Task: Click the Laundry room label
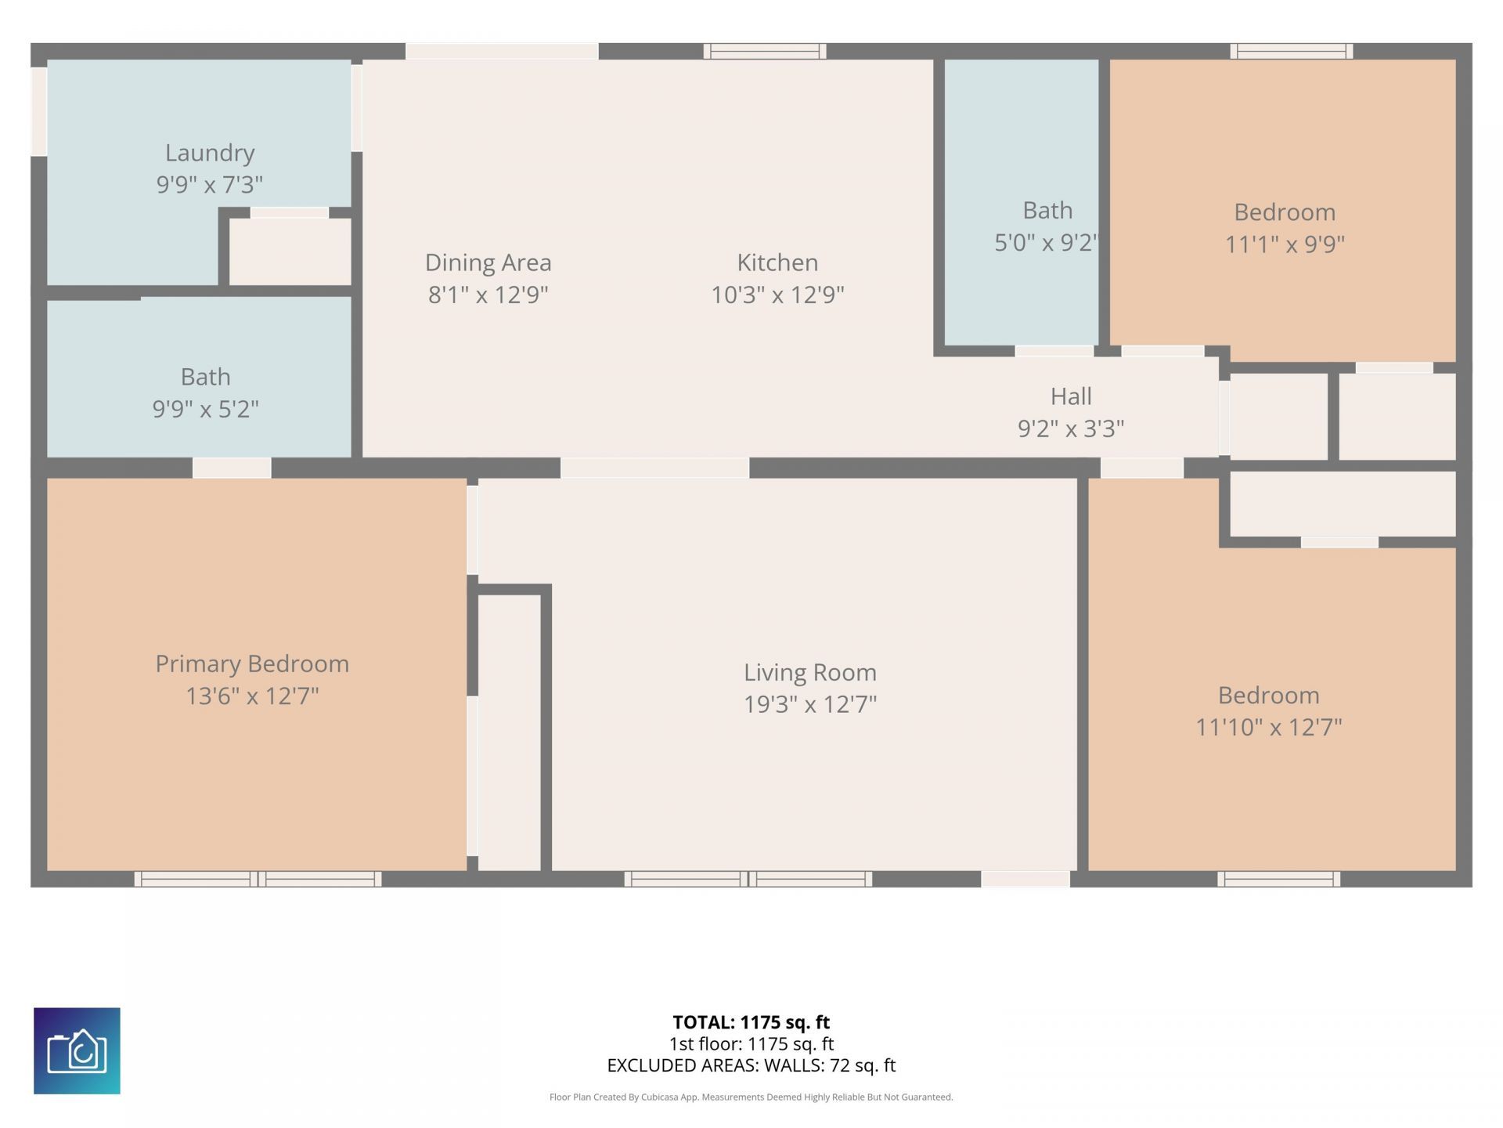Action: click(x=210, y=153)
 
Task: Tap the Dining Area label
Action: click(x=488, y=262)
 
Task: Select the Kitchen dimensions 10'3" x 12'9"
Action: click(x=777, y=295)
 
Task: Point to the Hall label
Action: click(x=1071, y=396)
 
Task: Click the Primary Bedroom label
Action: click(x=252, y=664)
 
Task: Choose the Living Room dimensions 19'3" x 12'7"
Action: click(x=810, y=704)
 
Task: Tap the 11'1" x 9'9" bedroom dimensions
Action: click(x=1285, y=244)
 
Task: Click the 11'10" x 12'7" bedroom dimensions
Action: click(x=1269, y=728)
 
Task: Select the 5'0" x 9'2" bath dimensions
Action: click(x=1047, y=243)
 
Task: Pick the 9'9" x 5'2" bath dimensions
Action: click(x=205, y=409)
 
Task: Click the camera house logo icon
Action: click(x=77, y=1050)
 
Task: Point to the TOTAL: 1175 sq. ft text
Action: click(x=751, y=1022)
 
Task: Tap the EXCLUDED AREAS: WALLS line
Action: click(x=751, y=1065)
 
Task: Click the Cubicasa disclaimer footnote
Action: click(x=751, y=1097)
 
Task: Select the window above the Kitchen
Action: click(x=765, y=52)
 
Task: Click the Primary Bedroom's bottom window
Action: click(x=258, y=879)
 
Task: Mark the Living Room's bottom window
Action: click(x=748, y=879)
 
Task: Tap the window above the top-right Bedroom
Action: click(x=1292, y=52)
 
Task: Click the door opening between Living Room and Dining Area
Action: click(x=655, y=468)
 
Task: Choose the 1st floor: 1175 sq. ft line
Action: click(x=751, y=1044)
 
